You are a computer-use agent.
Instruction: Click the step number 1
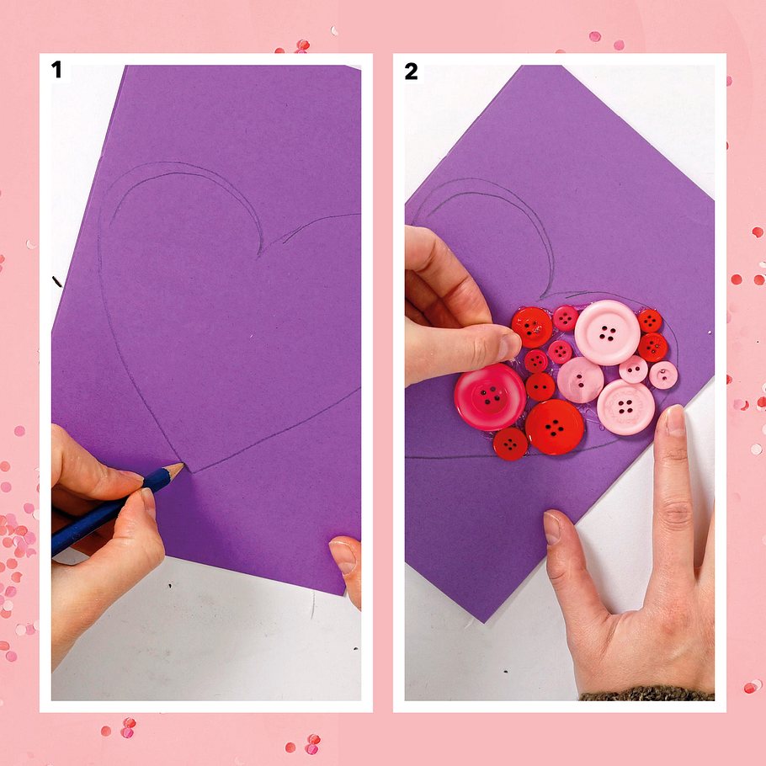pos(56,69)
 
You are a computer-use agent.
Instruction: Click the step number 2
pos(411,72)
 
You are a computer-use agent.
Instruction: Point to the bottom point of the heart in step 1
pos(192,472)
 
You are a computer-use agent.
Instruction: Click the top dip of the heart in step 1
pos(259,254)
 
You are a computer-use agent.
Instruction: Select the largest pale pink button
pos(607,332)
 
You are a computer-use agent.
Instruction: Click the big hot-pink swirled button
pos(490,396)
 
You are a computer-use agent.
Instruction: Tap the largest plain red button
pos(555,427)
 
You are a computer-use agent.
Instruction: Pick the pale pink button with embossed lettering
pos(625,407)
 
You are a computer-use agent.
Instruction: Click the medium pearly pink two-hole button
pos(580,380)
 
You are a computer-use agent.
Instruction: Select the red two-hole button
pos(540,386)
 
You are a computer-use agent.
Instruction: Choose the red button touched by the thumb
pos(532,327)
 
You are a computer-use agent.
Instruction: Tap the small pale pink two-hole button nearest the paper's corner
pos(663,375)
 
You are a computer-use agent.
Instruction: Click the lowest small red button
pos(510,444)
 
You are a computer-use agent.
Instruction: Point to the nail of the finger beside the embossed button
pos(676,421)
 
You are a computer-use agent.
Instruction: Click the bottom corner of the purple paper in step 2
pos(485,622)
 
